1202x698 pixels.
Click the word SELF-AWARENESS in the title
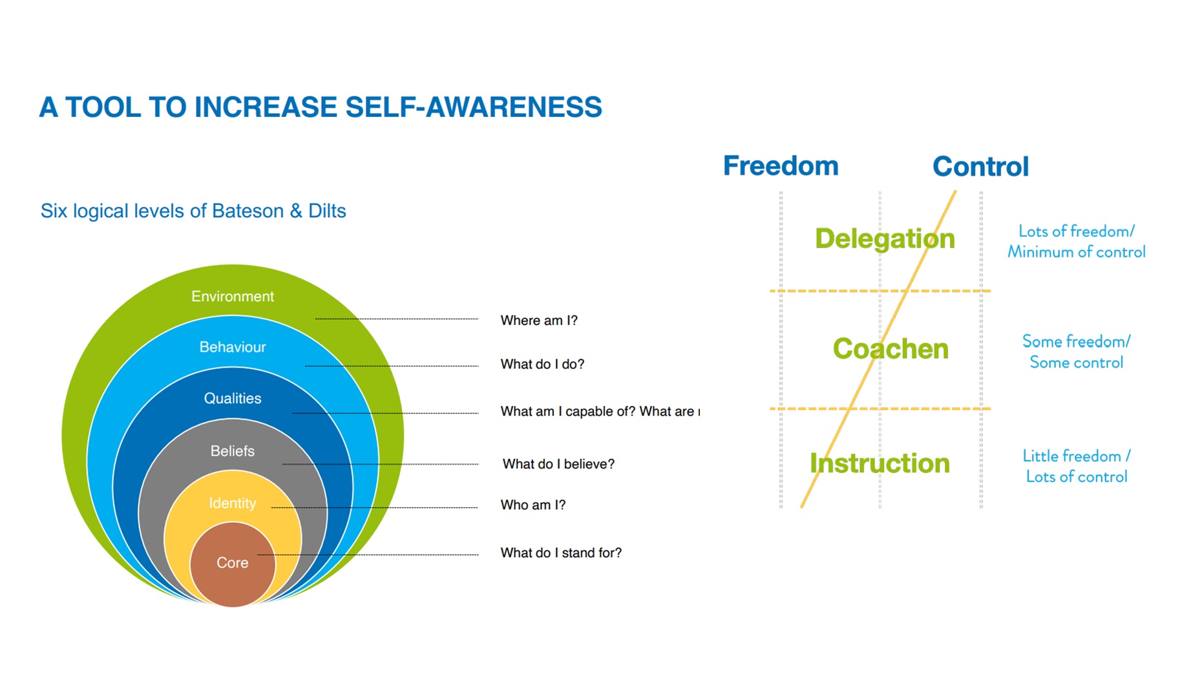(x=474, y=107)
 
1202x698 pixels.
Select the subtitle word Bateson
(x=248, y=211)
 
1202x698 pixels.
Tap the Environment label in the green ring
(x=233, y=297)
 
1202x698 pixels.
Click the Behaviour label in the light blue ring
(x=233, y=347)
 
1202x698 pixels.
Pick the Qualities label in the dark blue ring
(x=233, y=399)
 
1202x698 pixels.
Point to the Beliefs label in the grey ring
(x=233, y=451)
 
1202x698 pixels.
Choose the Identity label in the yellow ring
(x=233, y=503)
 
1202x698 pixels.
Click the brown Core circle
(x=233, y=564)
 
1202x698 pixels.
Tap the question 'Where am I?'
(x=539, y=321)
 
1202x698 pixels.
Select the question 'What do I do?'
(x=542, y=365)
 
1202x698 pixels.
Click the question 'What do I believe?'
(x=558, y=464)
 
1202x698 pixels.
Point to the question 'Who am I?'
(x=533, y=505)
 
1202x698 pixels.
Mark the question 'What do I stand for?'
(x=561, y=553)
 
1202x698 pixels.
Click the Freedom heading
(x=781, y=166)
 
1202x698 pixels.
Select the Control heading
(x=980, y=167)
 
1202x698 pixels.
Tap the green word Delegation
(x=885, y=239)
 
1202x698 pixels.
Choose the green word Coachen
(x=891, y=349)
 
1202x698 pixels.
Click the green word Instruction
(x=880, y=463)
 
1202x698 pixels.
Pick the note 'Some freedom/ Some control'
(x=1076, y=352)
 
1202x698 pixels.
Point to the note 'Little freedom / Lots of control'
(x=1077, y=467)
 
